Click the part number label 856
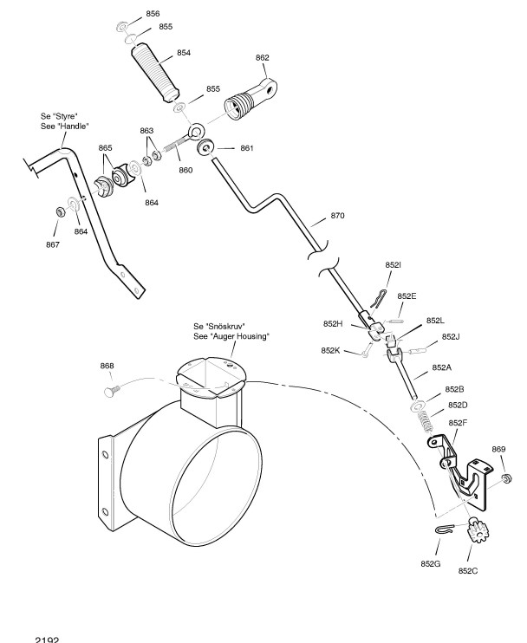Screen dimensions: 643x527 point(152,14)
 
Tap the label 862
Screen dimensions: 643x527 point(262,58)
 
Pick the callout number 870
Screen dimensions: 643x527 point(337,215)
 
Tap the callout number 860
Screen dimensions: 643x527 point(185,169)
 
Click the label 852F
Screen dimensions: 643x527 point(459,423)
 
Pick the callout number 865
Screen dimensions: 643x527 point(105,147)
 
